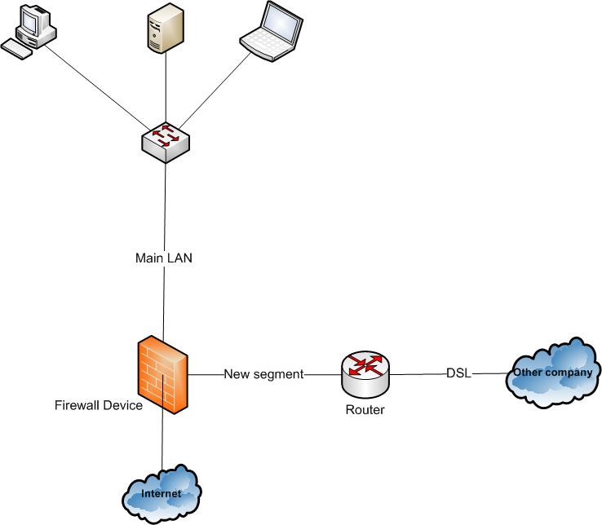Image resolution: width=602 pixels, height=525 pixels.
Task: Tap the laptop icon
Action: point(272,32)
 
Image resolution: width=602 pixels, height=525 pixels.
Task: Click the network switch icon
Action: point(166,140)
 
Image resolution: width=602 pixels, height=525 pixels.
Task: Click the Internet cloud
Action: point(162,493)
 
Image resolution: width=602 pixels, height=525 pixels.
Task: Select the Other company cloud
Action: point(551,373)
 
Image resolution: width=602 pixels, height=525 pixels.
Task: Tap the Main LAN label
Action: point(164,258)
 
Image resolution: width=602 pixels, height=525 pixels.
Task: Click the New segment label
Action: point(263,374)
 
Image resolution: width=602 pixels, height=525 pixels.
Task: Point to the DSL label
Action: point(458,373)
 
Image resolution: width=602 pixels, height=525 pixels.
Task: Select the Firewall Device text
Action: point(99,405)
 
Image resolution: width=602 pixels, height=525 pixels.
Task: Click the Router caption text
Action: point(365,410)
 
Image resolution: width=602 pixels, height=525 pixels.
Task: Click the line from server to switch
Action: point(166,90)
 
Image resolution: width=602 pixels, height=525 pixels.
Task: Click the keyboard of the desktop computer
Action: point(17,49)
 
